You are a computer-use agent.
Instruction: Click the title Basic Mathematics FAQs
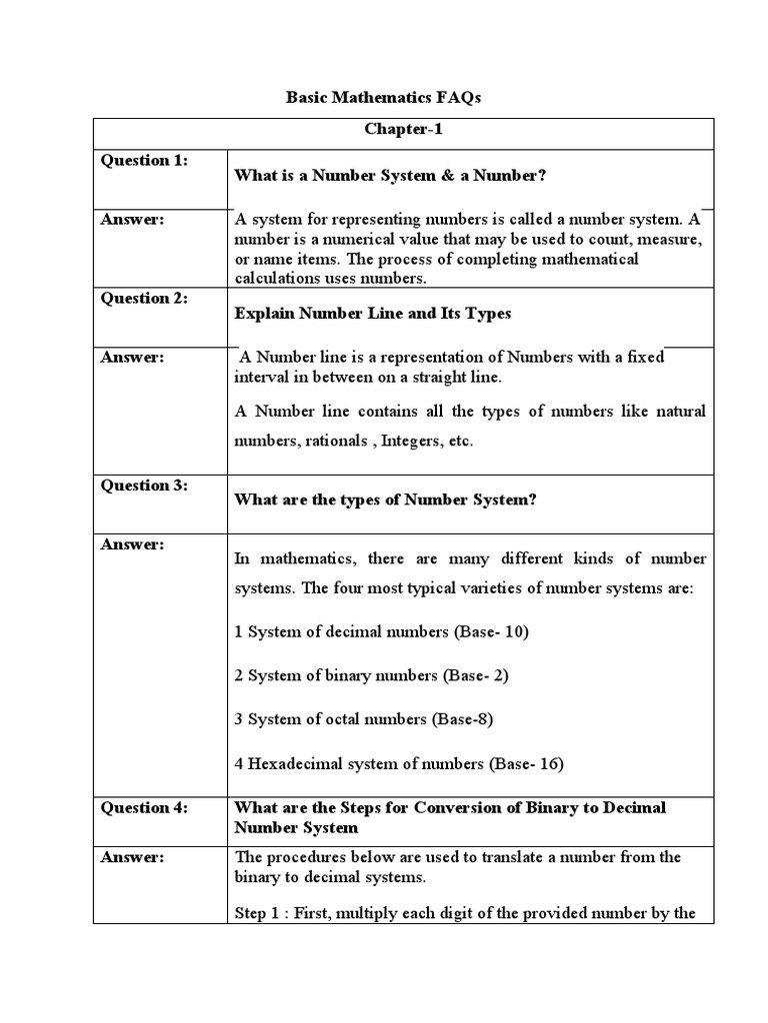tap(384, 98)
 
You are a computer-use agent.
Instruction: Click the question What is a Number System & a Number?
tap(390, 176)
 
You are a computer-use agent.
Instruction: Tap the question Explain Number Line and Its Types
tap(372, 314)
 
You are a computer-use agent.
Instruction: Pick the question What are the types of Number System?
tap(385, 501)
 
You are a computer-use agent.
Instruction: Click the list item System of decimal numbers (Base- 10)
tap(381, 631)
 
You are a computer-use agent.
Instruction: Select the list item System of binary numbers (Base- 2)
tap(372, 675)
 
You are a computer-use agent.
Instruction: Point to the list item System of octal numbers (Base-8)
tap(364, 719)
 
